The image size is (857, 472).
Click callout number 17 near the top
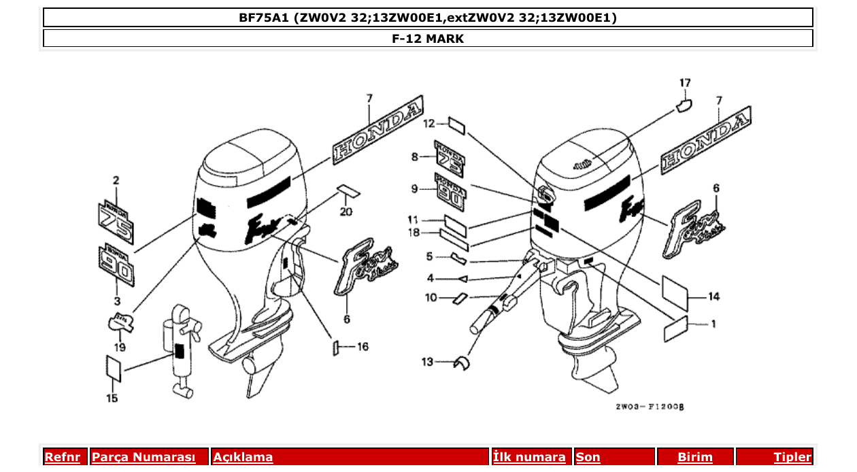coord(685,84)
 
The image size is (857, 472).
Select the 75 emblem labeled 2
coord(116,220)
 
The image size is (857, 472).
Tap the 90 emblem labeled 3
coord(116,267)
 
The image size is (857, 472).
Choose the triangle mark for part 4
coord(462,278)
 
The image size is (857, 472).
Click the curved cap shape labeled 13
coord(462,364)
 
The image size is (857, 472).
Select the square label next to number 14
coord(675,288)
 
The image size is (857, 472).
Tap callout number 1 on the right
coord(713,324)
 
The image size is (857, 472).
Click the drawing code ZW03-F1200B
coord(649,407)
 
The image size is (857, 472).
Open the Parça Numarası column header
coord(144,457)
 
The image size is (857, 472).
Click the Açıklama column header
coord(243,457)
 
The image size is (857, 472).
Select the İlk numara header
coord(529,457)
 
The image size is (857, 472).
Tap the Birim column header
coord(694,457)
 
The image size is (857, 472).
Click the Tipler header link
coord(792,457)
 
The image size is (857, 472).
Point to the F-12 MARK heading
coord(428,39)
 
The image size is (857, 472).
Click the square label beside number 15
coord(114,368)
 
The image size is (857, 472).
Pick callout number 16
coord(363,347)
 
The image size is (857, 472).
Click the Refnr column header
coord(62,457)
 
